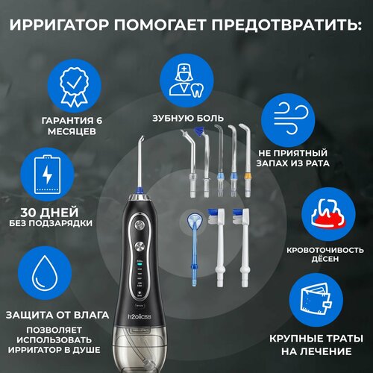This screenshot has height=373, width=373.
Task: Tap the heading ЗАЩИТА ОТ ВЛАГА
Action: coord(52,314)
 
